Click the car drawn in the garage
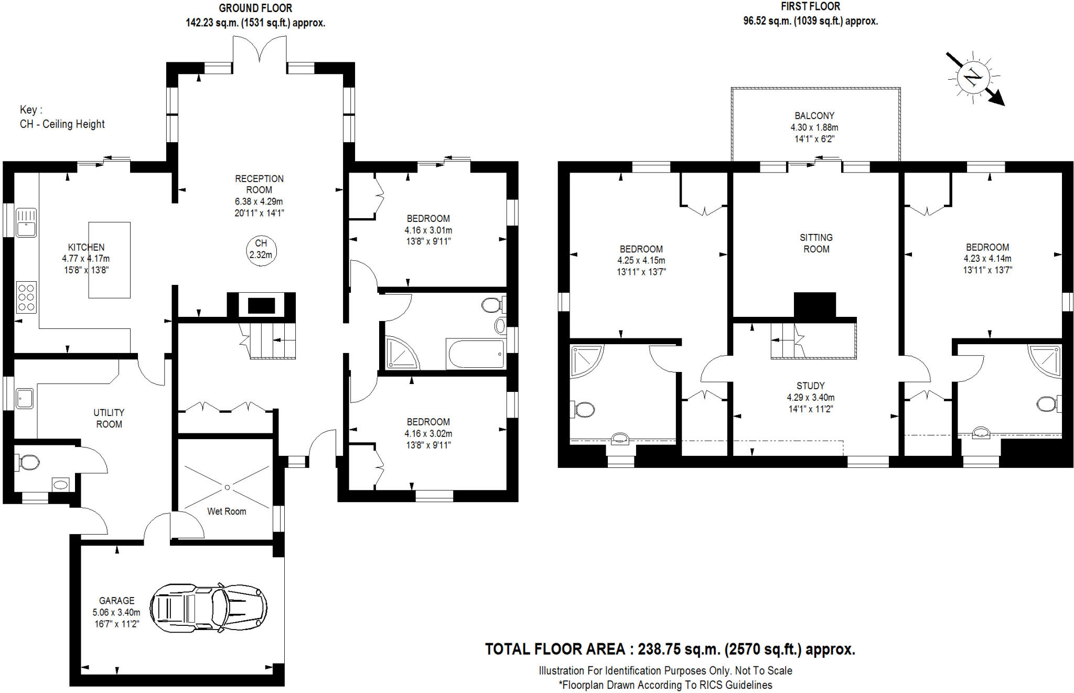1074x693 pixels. tap(208, 607)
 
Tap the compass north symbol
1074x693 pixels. tap(973, 78)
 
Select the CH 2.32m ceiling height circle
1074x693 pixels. tap(261, 250)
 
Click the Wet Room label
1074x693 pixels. tap(226, 511)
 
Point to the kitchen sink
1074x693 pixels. tap(26, 222)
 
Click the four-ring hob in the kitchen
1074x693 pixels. tap(26, 297)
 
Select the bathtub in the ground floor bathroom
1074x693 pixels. tap(476, 354)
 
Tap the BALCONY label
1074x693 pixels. tap(814, 115)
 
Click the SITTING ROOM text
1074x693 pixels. tap(816, 243)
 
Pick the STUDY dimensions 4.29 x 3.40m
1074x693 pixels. tap(810, 397)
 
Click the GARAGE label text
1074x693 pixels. tap(116, 600)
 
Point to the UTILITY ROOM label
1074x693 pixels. tap(109, 418)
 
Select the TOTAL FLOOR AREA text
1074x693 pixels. tap(669, 649)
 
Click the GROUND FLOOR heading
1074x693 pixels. tap(255, 8)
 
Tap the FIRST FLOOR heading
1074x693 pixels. tap(810, 6)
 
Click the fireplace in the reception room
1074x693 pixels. tap(261, 305)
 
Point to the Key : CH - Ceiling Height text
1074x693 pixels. tap(62, 117)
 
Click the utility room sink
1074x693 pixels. tap(24, 398)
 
